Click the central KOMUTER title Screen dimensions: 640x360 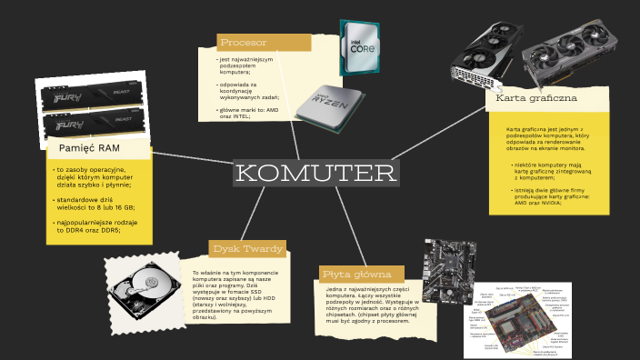click(x=315, y=173)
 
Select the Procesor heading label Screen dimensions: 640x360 click(x=244, y=43)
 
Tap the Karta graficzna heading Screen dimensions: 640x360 click(x=532, y=97)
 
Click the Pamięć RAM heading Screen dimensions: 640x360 click(x=89, y=148)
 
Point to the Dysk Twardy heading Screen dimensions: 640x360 click(x=248, y=248)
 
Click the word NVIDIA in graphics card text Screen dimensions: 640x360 click(x=545, y=203)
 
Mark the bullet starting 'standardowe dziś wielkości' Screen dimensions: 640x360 click(x=94, y=203)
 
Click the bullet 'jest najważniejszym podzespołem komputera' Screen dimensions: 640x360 click(x=244, y=65)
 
